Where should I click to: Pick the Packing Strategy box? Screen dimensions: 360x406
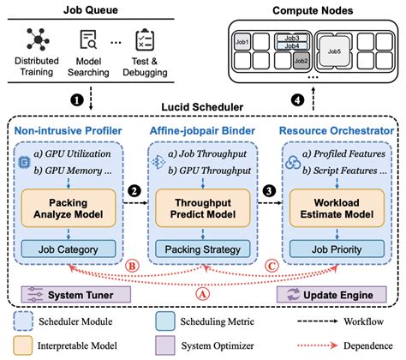pyautogui.click(x=200, y=249)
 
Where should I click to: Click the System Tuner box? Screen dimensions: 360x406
pyautogui.click(x=76, y=294)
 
